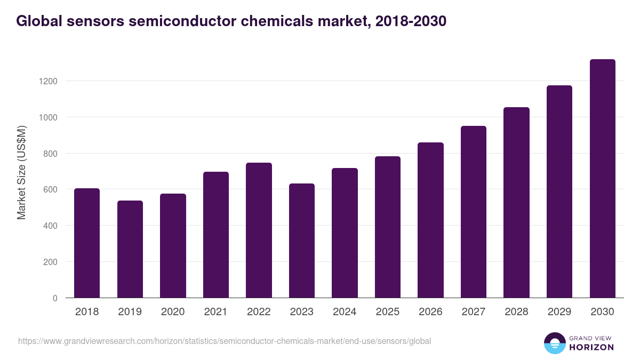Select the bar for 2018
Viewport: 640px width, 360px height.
tap(87, 243)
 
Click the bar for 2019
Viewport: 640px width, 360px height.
tap(130, 249)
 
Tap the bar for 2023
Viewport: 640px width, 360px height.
tap(302, 241)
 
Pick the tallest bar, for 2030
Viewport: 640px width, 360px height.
tap(603, 179)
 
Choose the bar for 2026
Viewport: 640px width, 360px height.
tap(430, 220)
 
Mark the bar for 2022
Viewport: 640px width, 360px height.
tap(259, 230)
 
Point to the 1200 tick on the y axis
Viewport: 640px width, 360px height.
tap(47, 81)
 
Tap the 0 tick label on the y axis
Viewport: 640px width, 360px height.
tap(54, 298)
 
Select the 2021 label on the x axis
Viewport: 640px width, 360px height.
tap(216, 312)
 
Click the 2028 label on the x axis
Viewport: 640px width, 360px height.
tap(516, 312)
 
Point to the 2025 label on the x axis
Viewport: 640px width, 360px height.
tap(388, 312)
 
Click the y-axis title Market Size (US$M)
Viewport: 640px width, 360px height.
tap(22, 172)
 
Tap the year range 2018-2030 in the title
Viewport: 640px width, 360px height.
tap(411, 21)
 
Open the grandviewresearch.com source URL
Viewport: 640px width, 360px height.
tap(225, 341)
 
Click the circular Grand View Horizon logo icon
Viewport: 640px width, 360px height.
tap(554, 343)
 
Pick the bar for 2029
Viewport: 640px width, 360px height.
tap(559, 191)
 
